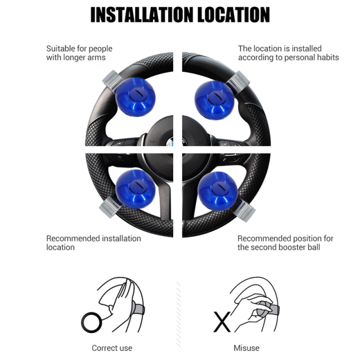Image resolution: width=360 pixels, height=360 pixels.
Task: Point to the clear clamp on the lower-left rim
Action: [109, 208]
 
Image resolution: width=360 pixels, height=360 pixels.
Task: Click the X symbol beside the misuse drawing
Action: [220, 322]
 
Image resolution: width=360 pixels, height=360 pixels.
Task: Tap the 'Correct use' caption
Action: [112, 348]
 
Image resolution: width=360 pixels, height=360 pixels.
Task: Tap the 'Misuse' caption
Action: [246, 348]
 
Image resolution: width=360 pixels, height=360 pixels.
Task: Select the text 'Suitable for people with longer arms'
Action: [75, 53]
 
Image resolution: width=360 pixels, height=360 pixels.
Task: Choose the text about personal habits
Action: [288, 53]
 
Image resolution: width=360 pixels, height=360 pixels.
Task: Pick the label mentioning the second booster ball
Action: [285, 242]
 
